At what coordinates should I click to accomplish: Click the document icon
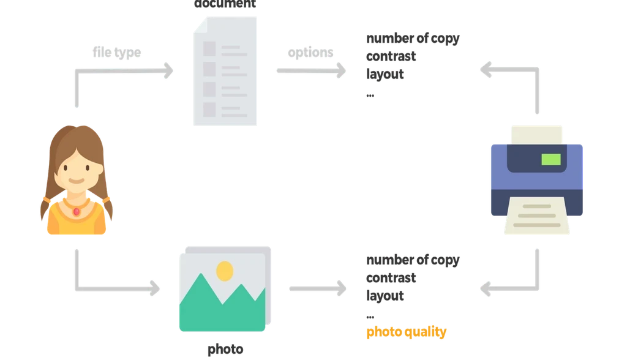225,70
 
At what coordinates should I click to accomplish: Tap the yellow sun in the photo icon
225,270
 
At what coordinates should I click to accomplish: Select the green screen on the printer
550,160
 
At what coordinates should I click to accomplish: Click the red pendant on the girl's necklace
77,211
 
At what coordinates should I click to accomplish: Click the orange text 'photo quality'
405,332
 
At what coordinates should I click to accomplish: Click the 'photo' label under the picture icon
225,350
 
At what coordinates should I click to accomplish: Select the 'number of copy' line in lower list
411,261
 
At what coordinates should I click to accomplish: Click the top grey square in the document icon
209,47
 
